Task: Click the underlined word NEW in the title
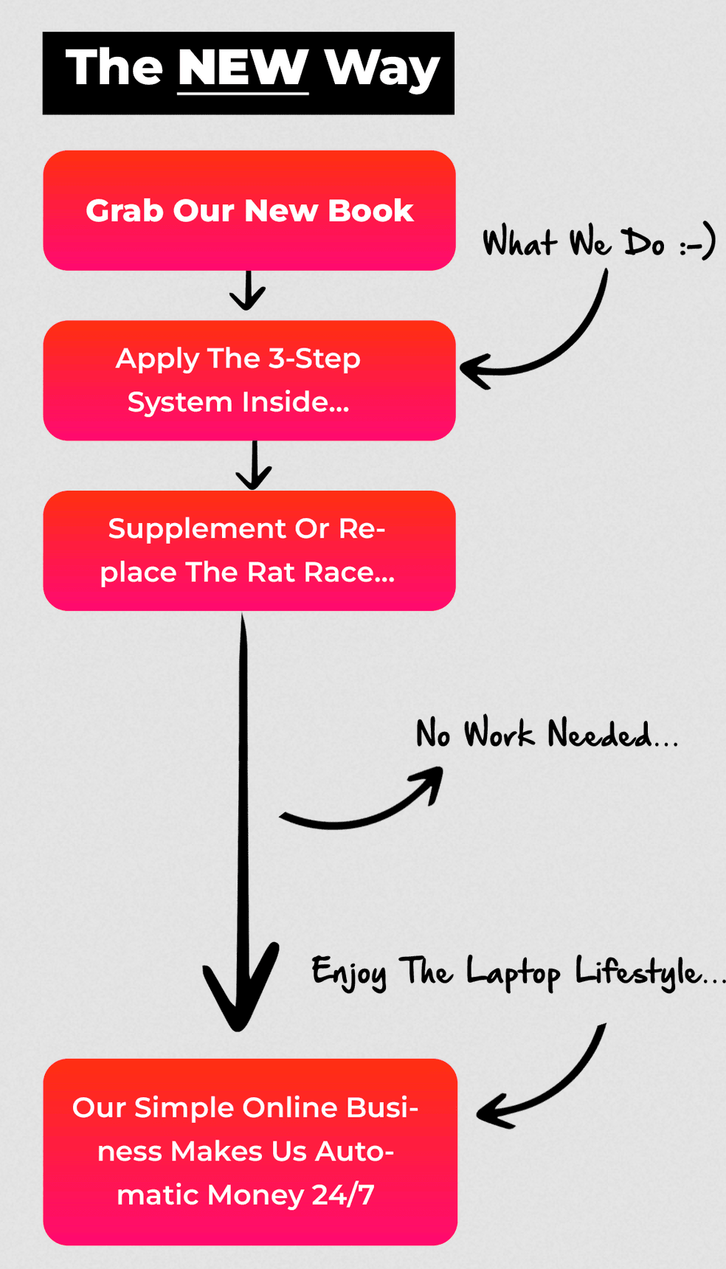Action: pos(243,69)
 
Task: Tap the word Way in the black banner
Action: pos(382,69)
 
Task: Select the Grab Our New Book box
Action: pos(249,210)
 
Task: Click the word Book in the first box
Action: pos(370,211)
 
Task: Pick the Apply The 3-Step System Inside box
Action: pos(249,380)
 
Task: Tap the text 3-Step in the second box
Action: pos(314,359)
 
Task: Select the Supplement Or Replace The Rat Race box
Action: pos(249,550)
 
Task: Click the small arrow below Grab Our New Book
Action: pos(248,291)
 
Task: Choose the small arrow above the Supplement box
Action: pos(254,466)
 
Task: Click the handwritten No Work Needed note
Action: pos(546,734)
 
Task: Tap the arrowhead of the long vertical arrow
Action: pos(239,992)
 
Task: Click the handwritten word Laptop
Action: pos(513,972)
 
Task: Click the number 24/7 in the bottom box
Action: pos(343,1194)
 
